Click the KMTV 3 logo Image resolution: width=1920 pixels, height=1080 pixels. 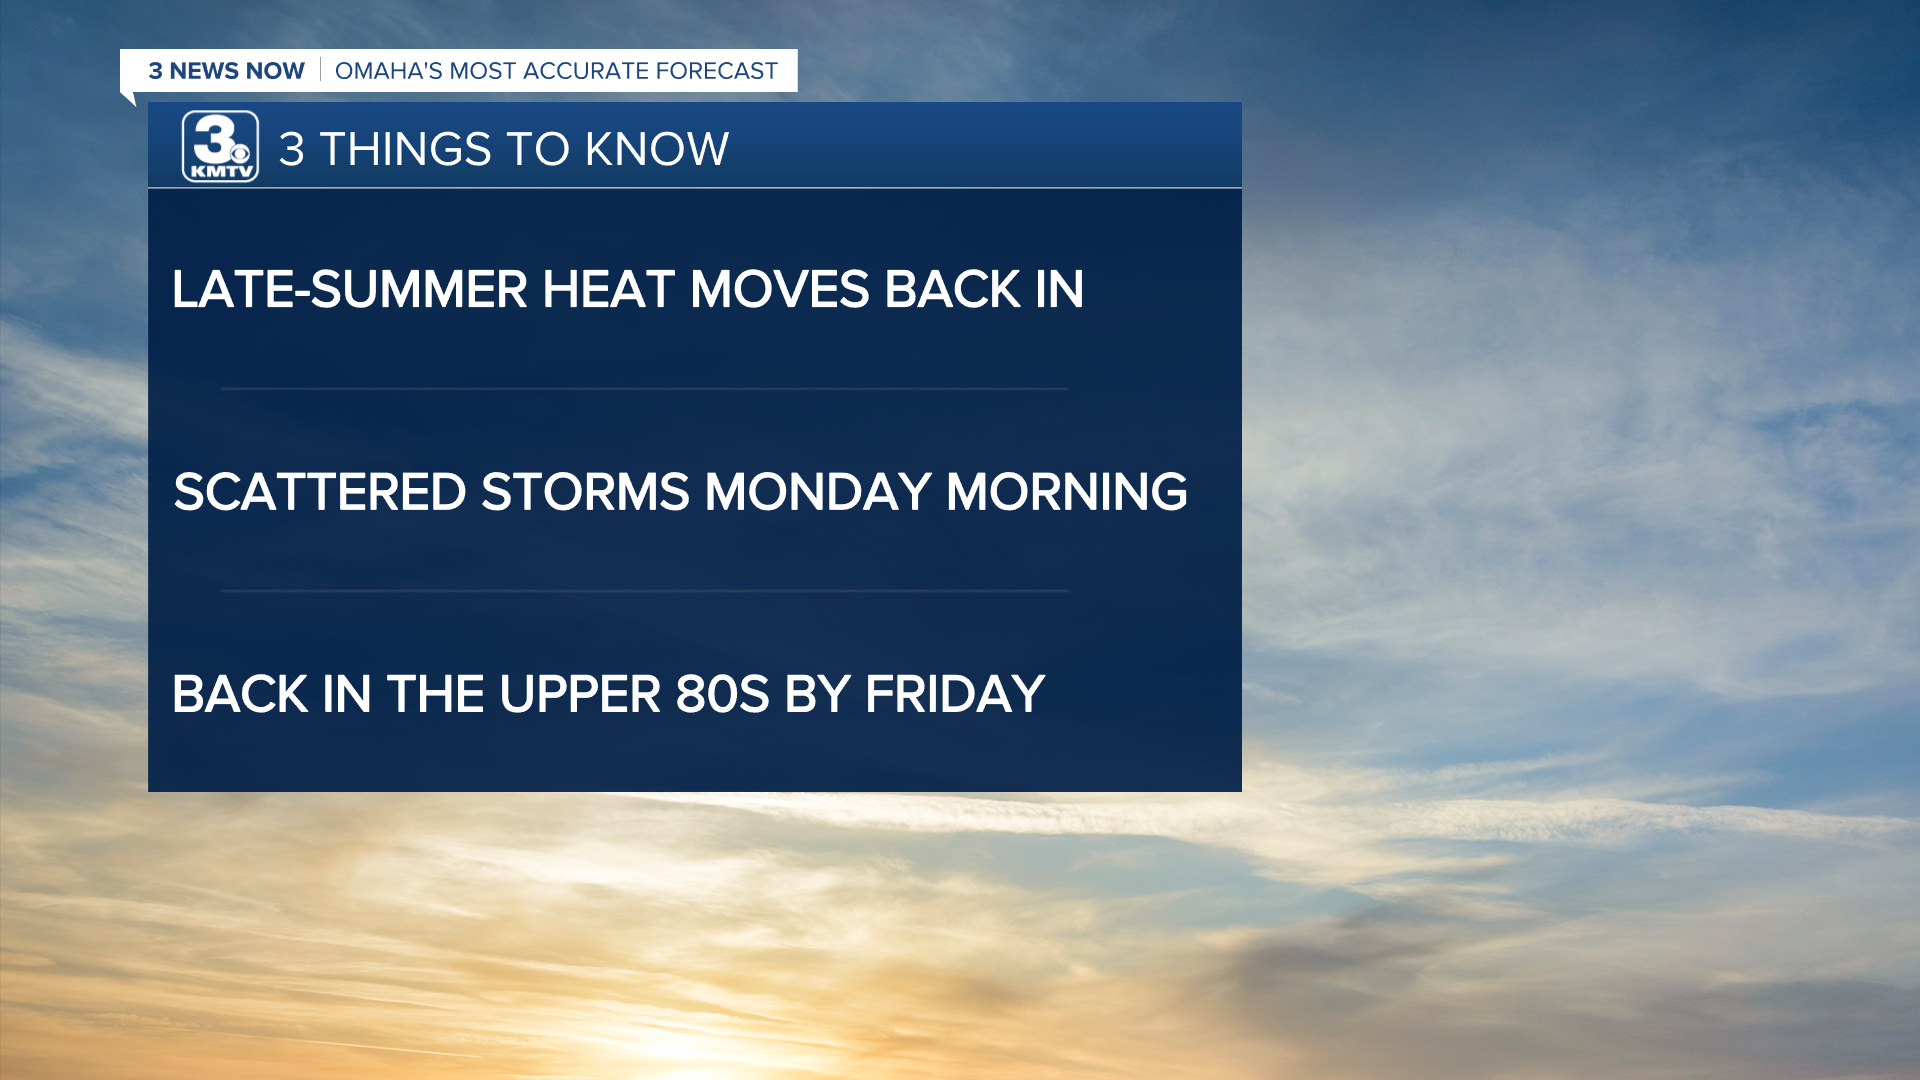(220, 147)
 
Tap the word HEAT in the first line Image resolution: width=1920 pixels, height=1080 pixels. (608, 290)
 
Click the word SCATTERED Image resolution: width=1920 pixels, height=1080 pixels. (320, 492)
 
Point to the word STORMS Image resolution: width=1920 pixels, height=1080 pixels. (585, 492)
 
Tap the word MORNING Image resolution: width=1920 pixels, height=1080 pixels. (1067, 492)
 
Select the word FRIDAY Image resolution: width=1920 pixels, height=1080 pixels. (955, 694)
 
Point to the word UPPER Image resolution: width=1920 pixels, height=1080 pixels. (580, 694)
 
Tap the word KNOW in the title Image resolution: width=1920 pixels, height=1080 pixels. (656, 150)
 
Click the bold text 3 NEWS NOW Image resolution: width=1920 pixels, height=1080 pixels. (227, 71)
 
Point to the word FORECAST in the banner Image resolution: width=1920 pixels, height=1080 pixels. (716, 71)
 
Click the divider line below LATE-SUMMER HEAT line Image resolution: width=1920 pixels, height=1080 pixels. (645, 389)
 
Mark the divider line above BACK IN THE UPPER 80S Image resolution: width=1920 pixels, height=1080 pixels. (645, 591)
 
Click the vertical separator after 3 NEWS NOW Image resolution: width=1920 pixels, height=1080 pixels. (320, 70)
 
